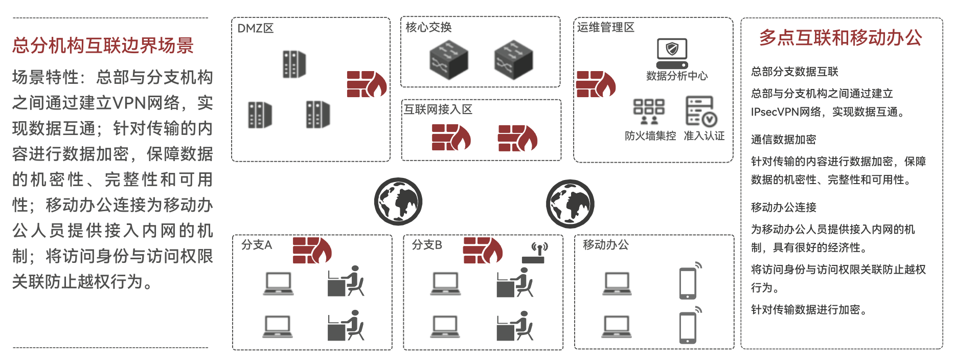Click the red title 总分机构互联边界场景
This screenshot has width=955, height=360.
103,46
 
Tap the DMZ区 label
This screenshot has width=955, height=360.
255,28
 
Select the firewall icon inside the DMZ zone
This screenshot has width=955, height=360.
366,84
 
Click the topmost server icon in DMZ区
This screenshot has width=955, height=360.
294,64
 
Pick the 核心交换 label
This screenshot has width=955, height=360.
428,27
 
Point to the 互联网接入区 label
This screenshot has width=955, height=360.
438,109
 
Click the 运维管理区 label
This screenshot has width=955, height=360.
606,27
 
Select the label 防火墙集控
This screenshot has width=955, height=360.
650,136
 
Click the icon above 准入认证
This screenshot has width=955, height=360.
700,111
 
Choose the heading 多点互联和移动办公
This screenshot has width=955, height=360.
840,38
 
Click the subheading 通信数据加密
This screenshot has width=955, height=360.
783,140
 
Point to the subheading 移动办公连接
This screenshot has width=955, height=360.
783,207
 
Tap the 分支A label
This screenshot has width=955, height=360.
257,245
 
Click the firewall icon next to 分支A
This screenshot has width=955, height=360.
312,250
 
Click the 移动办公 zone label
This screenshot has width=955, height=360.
606,245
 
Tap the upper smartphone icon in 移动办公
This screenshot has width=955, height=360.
688,282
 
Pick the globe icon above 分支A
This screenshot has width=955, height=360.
398,202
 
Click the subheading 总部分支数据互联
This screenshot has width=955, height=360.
794,72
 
